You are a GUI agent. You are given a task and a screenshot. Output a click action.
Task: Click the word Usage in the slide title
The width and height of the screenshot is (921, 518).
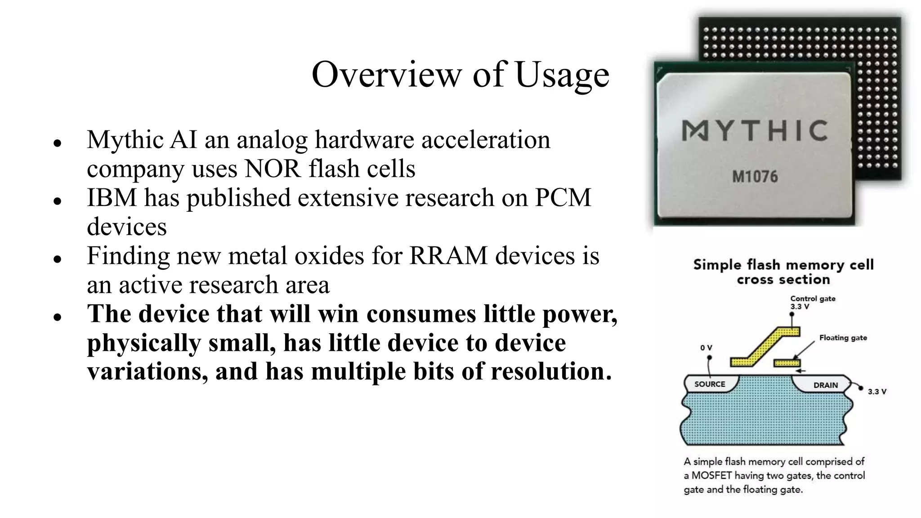point(562,75)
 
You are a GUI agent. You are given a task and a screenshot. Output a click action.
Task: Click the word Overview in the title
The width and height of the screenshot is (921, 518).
point(387,75)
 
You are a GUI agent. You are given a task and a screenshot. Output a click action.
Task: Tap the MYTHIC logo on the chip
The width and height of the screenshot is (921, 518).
point(755,131)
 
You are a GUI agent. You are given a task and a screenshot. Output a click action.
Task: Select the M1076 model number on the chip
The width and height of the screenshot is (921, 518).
point(755,177)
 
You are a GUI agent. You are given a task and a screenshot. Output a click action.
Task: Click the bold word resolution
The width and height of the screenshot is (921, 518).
point(551,372)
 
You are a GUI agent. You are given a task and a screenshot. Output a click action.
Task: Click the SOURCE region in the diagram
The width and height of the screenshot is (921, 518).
point(710,384)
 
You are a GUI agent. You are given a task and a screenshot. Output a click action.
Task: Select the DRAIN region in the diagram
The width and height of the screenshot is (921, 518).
point(825,385)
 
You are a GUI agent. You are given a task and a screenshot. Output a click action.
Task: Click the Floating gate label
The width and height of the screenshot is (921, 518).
point(843,338)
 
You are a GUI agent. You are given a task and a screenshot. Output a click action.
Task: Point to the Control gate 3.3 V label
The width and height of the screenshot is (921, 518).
point(812,302)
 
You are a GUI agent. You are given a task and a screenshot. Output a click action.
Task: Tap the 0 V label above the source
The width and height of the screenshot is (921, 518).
point(706,348)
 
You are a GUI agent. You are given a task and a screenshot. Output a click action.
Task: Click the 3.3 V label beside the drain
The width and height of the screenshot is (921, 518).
point(876,392)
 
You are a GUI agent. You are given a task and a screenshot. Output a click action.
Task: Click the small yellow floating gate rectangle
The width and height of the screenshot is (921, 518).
point(787,362)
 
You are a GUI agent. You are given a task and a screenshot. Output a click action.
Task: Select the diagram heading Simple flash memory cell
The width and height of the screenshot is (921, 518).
point(783,265)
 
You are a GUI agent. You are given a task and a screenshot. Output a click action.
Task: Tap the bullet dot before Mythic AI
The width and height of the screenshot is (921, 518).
point(57,143)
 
